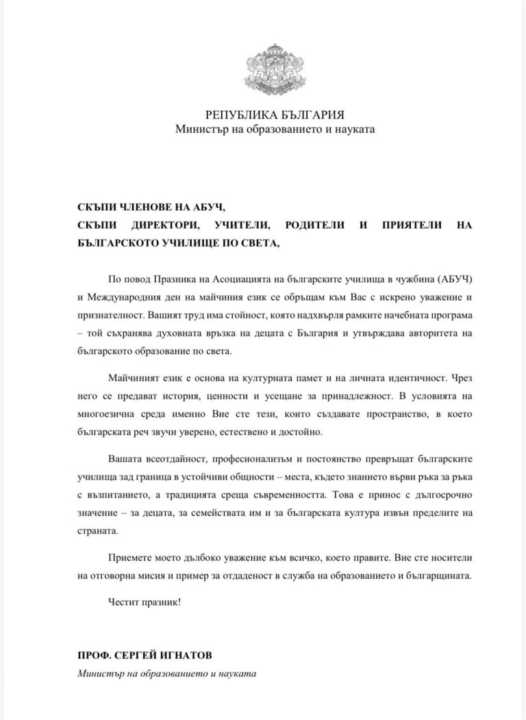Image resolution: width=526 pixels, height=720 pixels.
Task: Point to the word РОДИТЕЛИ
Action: tap(305, 224)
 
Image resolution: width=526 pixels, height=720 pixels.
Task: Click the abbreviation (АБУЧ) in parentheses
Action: tap(429, 281)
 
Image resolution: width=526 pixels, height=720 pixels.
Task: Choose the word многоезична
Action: tap(108, 415)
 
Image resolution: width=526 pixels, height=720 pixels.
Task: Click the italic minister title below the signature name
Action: tap(166, 673)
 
